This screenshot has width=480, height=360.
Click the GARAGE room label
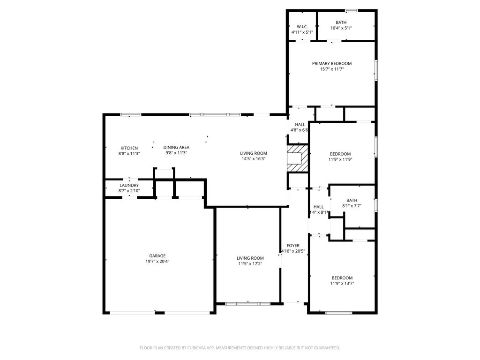point(157,256)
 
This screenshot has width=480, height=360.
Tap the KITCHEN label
point(129,148)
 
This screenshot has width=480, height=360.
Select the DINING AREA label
point(176,148)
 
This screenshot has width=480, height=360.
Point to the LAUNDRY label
point(129,186)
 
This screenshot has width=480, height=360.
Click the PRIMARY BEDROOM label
point(332,64)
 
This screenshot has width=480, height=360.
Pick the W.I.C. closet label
point(302,27)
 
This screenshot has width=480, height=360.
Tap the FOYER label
point(293,246)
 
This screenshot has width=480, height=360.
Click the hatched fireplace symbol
point(298,158)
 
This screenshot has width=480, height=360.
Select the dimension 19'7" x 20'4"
point(157,262)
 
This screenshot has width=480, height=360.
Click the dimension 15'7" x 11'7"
point(332,69)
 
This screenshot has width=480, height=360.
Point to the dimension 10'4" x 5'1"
point(341,28)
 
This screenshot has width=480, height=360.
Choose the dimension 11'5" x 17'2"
point(250,264)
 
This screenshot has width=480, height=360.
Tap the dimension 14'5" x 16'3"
point(254,159)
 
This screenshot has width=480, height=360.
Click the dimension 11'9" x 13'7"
point(342,284)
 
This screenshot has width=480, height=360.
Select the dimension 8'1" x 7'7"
point(352,206)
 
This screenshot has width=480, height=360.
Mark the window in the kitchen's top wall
point(131,115)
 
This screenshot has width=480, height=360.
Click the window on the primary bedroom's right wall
point(376,70)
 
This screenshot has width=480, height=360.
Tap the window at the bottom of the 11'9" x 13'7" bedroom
point(338,313)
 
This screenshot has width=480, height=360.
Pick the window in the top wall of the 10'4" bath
point(352,11)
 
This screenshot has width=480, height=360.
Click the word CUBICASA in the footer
point(196,348)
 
